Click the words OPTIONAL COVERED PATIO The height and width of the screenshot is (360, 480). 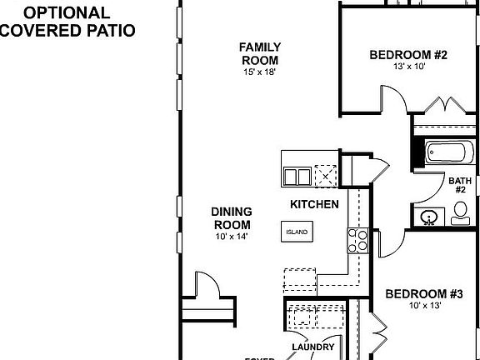coord(67,21)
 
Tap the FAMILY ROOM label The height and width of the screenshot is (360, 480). coord(260,53)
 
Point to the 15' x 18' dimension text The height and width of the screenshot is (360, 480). coord(260,73)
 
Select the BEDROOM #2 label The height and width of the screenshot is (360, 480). coord(408,55)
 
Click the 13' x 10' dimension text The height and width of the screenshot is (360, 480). coord(408,67)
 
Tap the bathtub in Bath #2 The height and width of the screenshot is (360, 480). coord(448,153)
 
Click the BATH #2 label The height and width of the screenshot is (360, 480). coord(459,185)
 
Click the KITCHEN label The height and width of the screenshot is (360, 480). coord(313,204)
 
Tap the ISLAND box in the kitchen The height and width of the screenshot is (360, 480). coord(297,232)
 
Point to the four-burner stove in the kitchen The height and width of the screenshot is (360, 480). coord(357,242)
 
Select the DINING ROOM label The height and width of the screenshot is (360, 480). coord(232,218)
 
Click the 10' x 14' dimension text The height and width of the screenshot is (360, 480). coord(232,237)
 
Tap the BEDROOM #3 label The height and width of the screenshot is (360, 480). coord(424,294)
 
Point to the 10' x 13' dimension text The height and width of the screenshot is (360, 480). coord(424,306)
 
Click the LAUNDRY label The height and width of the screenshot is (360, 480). coord(313,347)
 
